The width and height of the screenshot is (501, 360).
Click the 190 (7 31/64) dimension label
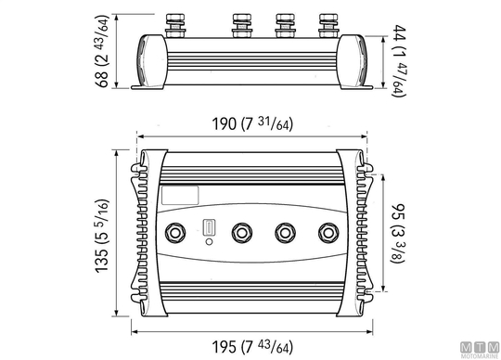pyautogui.click(x=252, y=124)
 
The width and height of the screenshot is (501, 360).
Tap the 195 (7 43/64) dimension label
pyautogui.click(x=252, y=347)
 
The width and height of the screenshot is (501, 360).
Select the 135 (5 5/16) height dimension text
pyautogui.click(x=103, y=236)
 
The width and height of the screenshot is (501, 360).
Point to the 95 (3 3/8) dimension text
pyautogui.click(x=398, y=233)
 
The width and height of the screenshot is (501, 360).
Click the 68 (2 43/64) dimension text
pyautogui.click(x=103, y=51)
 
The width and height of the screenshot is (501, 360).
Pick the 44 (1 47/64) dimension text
pyautogui.click(x=399, y=60)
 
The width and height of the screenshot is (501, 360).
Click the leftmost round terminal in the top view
pyautogui.click(x=175, y=233)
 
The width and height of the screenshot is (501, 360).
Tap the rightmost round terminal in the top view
pyautogui.click(x=328, y=233)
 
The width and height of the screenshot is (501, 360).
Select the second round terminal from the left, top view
pyautogui.click(x=242, y=233)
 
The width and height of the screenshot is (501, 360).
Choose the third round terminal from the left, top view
pyautogui.click(x=285, y=233)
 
